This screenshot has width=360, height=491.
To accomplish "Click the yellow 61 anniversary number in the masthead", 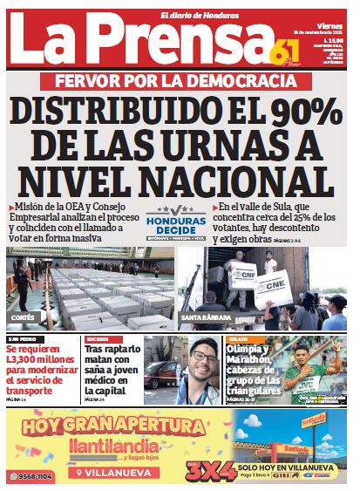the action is pos(285,51).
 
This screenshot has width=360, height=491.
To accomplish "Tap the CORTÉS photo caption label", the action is pos(24,317).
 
